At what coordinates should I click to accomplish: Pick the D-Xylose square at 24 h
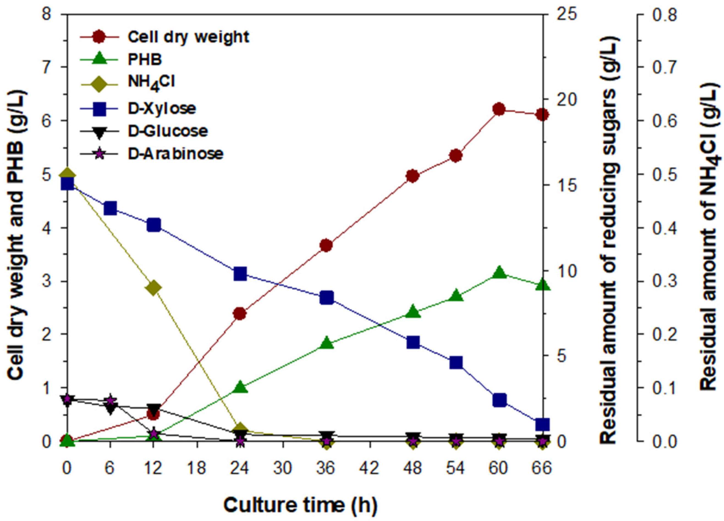[240, 274]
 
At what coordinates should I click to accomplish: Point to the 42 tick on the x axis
[369, 469]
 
